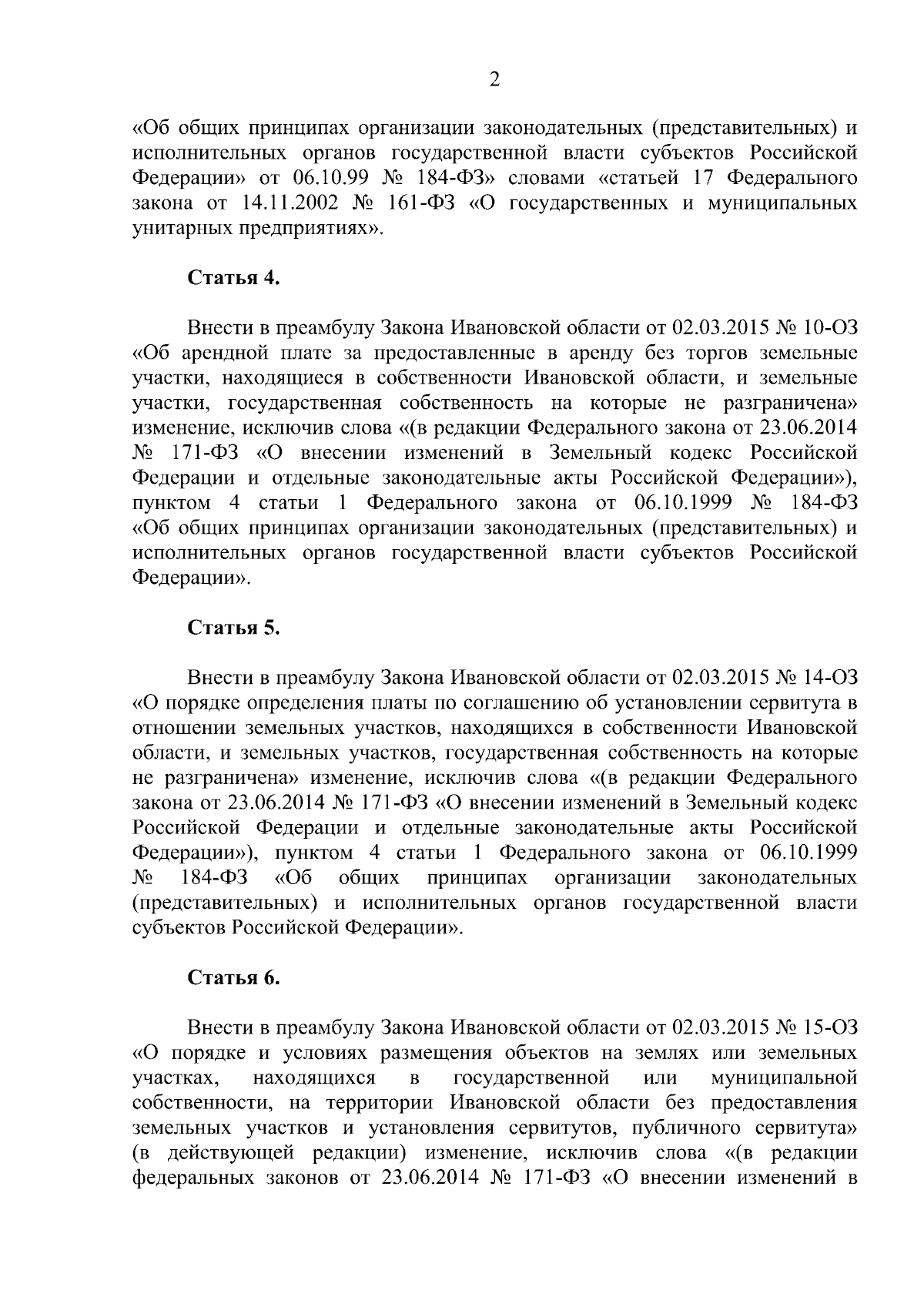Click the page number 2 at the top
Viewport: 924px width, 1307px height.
(x=495, y=79)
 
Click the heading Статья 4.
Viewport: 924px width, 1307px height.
(x=234, y=279)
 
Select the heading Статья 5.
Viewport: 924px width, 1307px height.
(x=234, y=628)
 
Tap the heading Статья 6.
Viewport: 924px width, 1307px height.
(x=234, y=977)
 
